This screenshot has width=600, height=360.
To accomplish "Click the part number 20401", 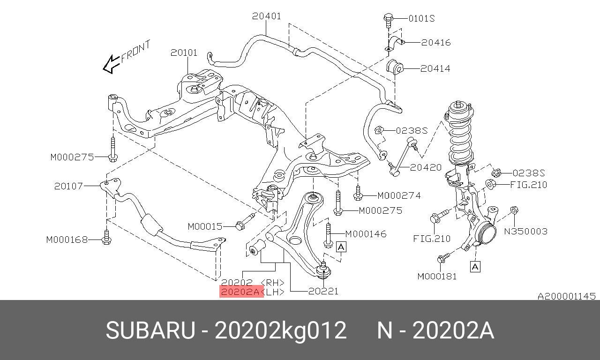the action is [x=266, y=16].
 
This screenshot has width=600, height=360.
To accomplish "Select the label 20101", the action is [x=184, y=52].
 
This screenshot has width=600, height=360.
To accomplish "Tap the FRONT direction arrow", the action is [x=112, y=64].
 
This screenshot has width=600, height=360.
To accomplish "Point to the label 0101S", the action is [x=421, y=18].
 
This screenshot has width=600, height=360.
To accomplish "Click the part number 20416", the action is [x=435, y=42].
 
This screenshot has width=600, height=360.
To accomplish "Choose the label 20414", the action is [x=435, y=68].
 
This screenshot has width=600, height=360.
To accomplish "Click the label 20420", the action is [x=426, y=167].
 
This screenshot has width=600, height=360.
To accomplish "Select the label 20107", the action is [x=68, y=186].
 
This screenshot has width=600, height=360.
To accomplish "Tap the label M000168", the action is [x=67, y=240].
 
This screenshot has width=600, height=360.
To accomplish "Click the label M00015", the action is [x=205, y=226].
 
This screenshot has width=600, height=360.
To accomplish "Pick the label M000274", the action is [x=399, y=195].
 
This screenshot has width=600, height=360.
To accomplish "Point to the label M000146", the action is [x=366, y=234].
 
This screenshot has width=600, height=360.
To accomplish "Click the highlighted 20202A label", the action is [x=240, y=292].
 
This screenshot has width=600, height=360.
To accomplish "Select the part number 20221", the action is [x=323, y=291].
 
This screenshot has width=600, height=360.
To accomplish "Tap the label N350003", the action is [x=525, y=231].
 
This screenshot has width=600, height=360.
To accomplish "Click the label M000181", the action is [x=437, y=276].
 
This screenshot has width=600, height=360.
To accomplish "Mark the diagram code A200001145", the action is [x=566, y=296].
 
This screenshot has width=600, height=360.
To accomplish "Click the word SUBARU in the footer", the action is [x=150, y=330].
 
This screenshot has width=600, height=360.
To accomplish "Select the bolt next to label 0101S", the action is [x=387, y=19].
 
